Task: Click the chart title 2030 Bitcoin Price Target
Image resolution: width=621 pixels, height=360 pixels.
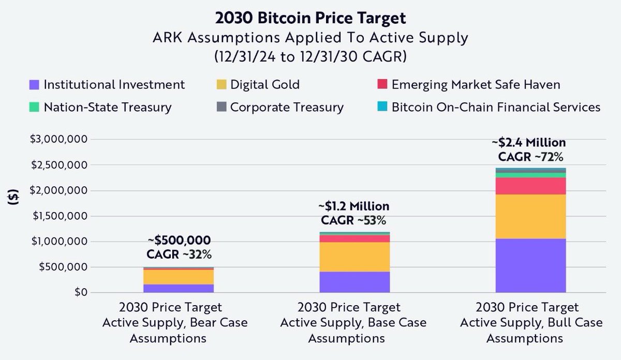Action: click(x=310, y=18)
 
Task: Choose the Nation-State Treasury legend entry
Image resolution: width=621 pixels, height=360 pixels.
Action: click(x=100, y=108)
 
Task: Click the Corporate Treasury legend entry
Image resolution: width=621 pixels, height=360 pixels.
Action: click(x=279, y=108)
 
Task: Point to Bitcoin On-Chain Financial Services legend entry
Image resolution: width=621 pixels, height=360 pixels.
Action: click(x=490, y=108)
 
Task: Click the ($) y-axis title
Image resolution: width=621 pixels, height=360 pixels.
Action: click(x=16, y=203)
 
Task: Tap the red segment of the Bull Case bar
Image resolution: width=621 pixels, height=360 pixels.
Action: click(x=530, y=186)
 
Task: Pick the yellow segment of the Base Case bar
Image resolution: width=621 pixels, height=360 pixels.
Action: click(x=354, y=257)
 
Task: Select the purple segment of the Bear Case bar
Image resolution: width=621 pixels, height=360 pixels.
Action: click(x=179, y=288)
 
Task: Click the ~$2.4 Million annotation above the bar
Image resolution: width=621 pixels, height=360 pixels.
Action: click(x=531, y=142)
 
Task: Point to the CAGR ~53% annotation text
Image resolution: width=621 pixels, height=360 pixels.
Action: click(x=354, y=220)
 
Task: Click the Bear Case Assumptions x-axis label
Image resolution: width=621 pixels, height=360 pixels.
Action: click(x=174, y=323)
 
